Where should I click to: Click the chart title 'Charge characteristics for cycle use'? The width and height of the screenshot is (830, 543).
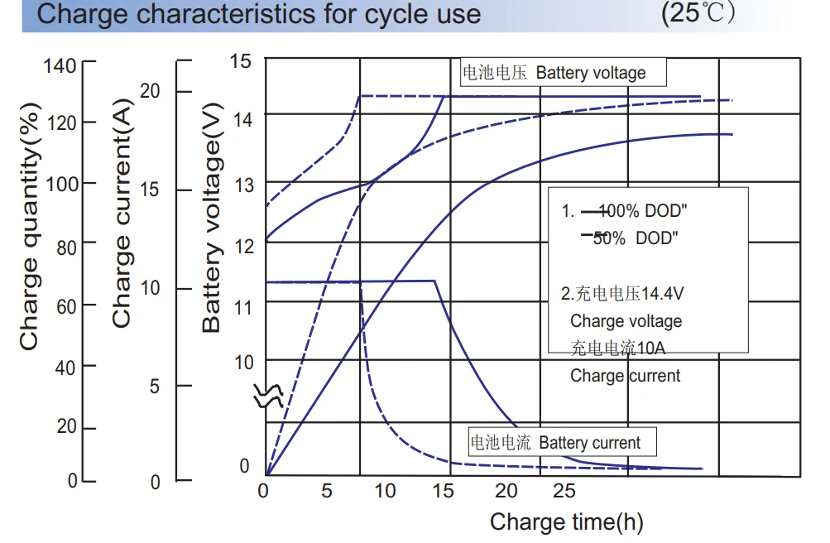(259, 14)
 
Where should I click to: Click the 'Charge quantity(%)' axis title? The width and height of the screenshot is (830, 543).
(30, 226)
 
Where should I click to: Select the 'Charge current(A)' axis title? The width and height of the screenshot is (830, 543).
(122, 218)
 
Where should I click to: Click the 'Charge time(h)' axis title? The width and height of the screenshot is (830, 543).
(566, 521)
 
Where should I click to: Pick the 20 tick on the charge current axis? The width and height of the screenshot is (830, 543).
(151, 91)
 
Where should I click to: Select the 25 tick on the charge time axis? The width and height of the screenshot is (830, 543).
(564, 491)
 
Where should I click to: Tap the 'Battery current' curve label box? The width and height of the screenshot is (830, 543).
(563, 443)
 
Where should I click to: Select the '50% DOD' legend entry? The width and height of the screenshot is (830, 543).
(635, 238)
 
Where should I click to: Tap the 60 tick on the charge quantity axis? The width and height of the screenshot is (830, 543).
(65, 306)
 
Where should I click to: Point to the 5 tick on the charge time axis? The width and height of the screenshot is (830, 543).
(327, 491)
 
